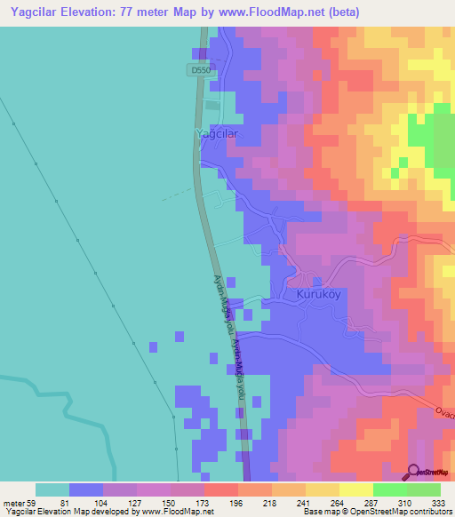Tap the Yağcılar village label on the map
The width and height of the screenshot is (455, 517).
217,133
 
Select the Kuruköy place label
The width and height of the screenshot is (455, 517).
306,292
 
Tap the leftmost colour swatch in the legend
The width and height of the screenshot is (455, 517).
52,489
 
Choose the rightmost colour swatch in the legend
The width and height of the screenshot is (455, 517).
424,489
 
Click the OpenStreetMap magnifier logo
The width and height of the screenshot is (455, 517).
414,473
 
